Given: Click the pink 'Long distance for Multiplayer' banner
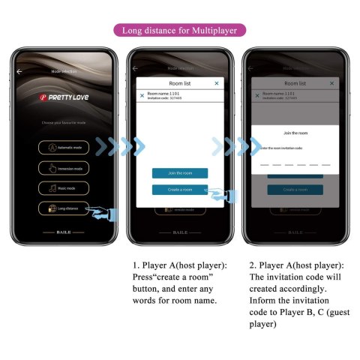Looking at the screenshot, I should coord(180,31).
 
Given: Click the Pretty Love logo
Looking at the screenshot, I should coord(64,97).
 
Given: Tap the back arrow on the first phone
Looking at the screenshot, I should coord(19,71).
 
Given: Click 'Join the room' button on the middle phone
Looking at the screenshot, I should coord(179,173).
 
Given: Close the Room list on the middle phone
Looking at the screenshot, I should coord(217,83).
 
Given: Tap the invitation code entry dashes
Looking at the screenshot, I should coord(295,163).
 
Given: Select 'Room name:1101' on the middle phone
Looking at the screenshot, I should coord(164,94).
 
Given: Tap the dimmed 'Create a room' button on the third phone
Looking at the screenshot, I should coord(295,190).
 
